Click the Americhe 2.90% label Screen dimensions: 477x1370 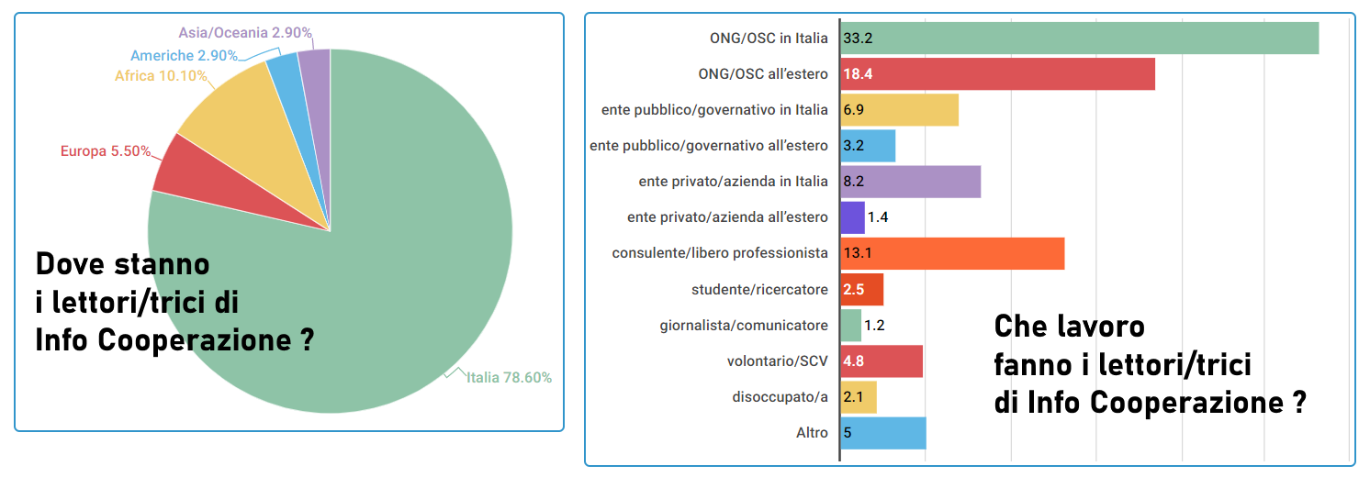tap(184, 56)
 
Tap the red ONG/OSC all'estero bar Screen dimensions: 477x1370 tap(997, 74)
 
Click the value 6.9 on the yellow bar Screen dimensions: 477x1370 tap(854, 110)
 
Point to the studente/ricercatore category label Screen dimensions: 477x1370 tap(759, 290)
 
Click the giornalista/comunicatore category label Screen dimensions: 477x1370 tap(744, 326)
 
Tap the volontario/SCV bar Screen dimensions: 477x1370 tap(882, 361)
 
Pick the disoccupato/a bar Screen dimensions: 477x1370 tap(859, 397)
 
